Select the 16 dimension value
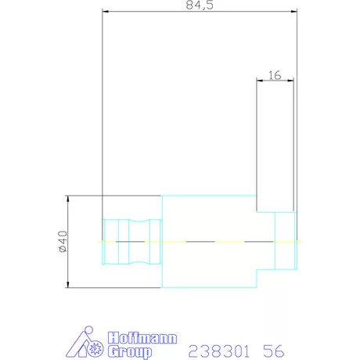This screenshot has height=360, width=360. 275,75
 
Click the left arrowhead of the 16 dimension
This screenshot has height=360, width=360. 260,80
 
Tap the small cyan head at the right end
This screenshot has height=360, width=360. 286,241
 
